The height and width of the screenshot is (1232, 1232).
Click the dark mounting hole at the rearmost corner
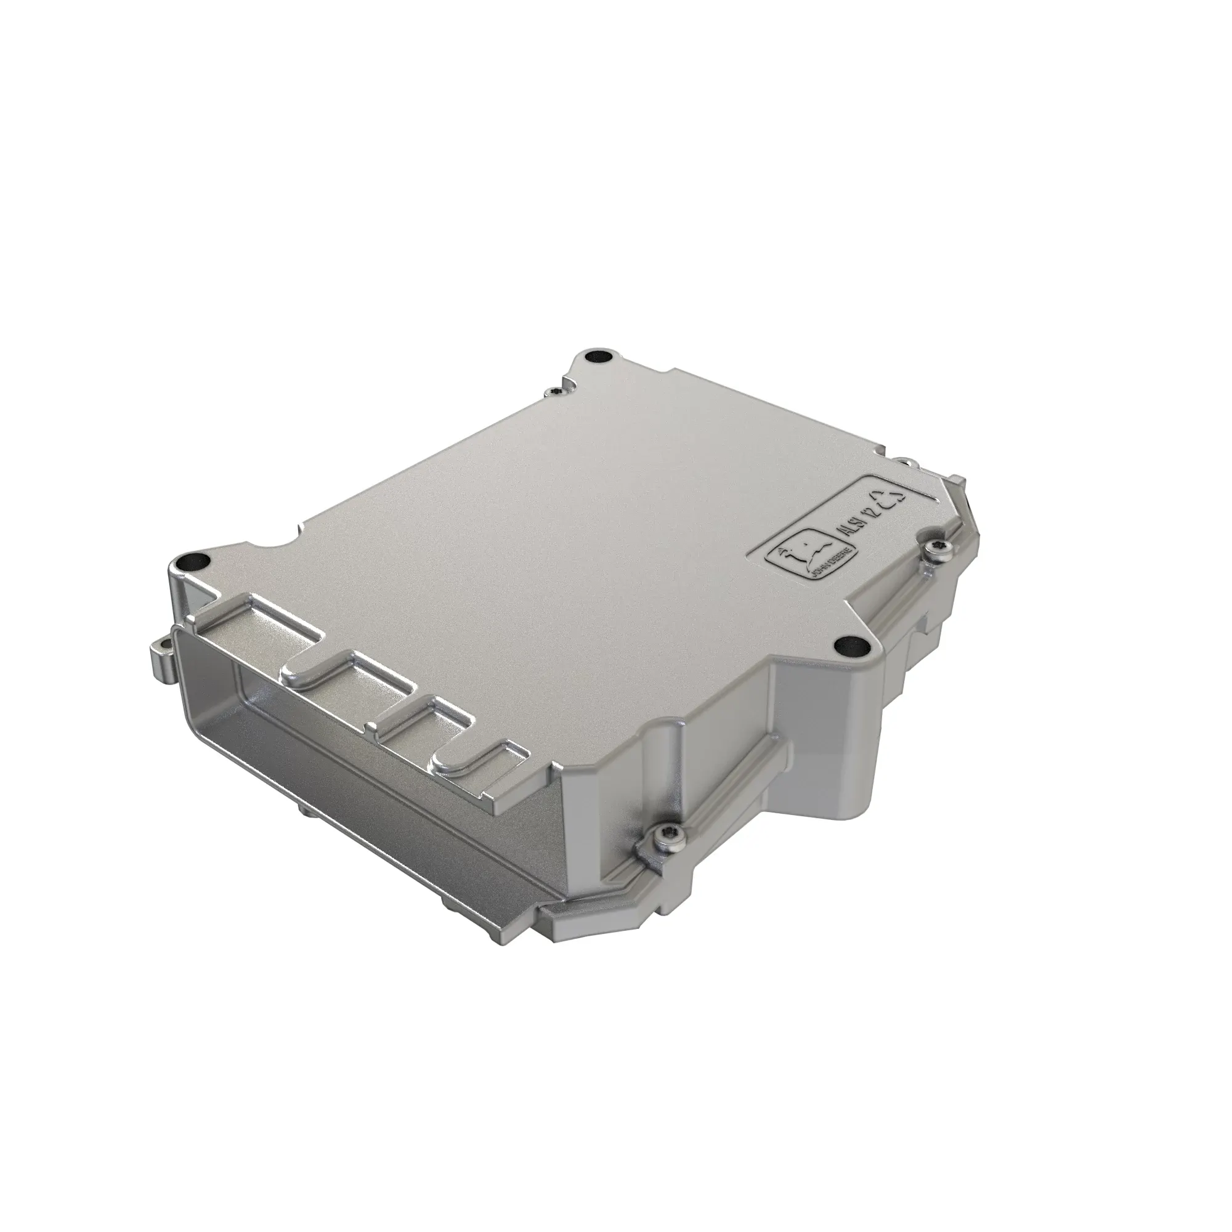point(600,355)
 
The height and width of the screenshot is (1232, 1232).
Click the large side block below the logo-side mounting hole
point(822,721)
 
